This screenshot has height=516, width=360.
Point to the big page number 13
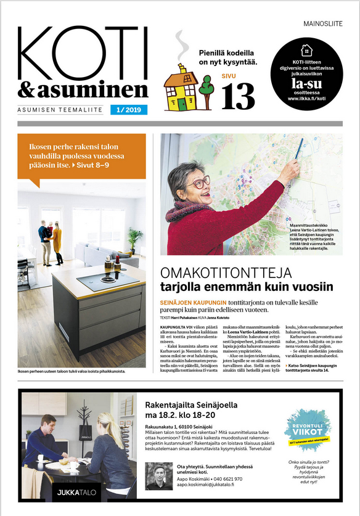point(239,96)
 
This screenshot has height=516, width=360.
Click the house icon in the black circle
point(305,51)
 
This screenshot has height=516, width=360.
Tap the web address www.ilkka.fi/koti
point(306,99)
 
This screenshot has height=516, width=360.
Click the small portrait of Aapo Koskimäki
point(160,475)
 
